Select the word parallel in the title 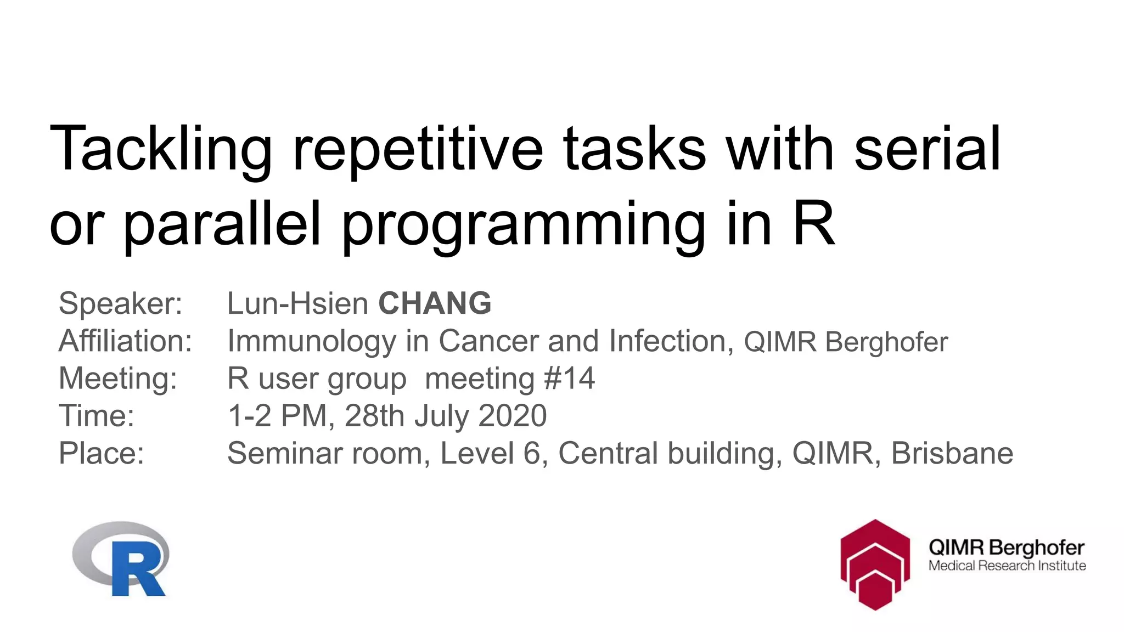(x=222, y=224)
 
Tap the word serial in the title (x=928, y=149)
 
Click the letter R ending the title (x=813, y=224)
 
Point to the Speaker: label (x=120, y=303)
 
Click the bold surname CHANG (x=435, y=303)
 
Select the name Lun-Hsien (x=297, y=303)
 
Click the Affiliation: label (x=126, y=341)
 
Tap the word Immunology (x=312, y=341)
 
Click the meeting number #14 (x=569, y=379)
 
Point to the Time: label (x=97, y=415)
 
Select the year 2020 (x=513, y=415)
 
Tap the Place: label (x=102, y=453)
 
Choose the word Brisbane (x=952, y=453)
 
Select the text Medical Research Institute (x=1007, y=566)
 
